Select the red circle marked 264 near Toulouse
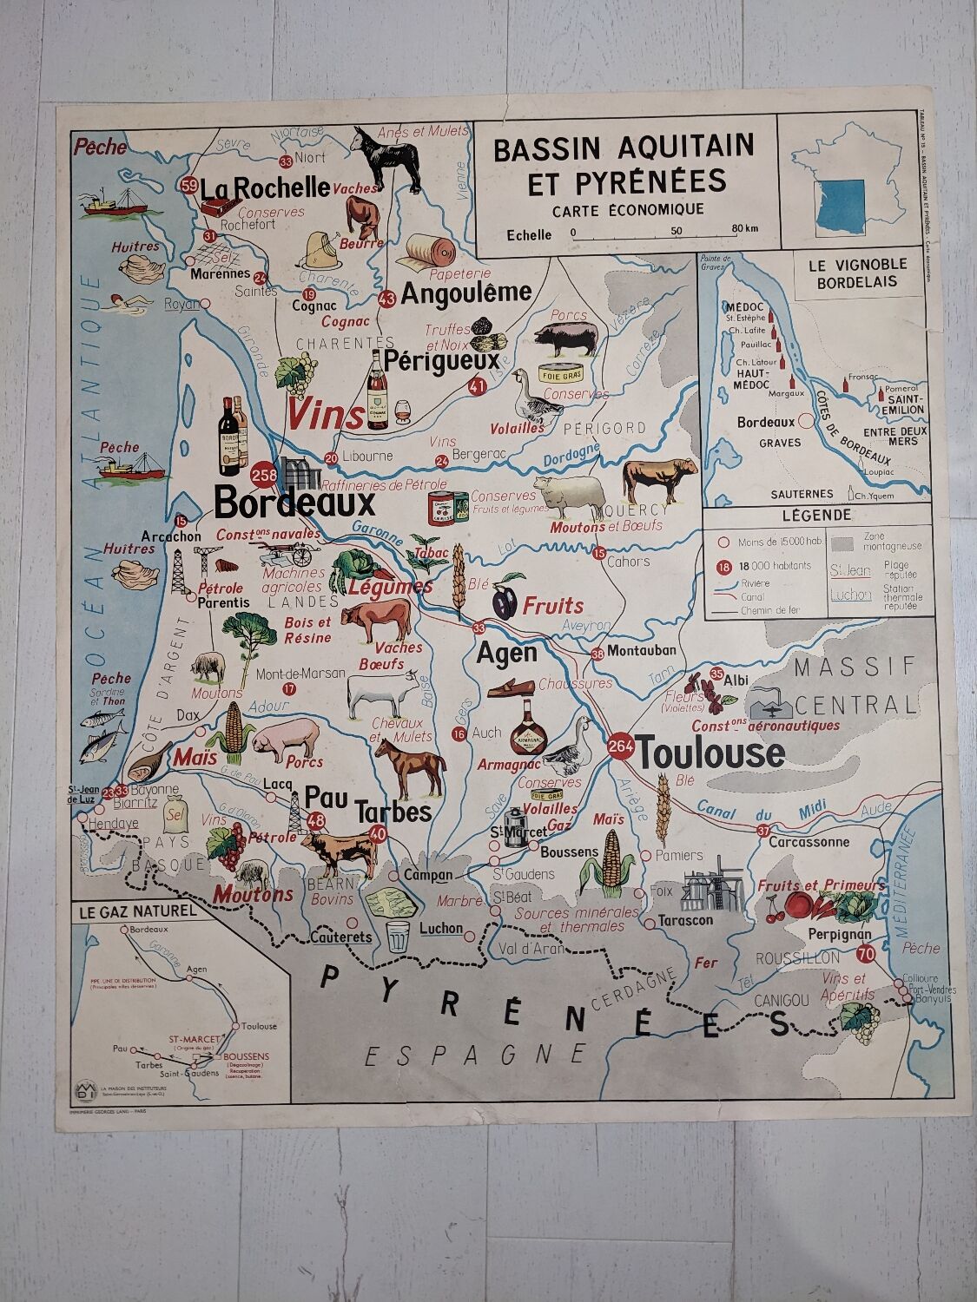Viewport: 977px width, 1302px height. click(621, 747)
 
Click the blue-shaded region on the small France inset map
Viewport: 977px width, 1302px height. click(839, 207)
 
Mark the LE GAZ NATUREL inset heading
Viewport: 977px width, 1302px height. click(138, 912)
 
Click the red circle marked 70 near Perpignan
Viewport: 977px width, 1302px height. click(864, 955)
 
